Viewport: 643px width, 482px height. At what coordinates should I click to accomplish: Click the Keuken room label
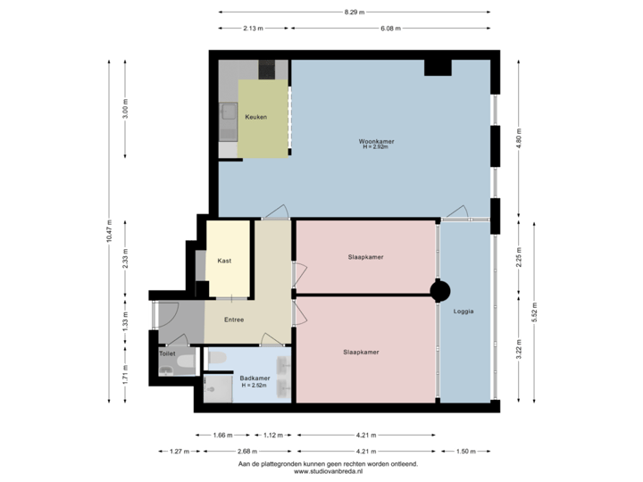tap(256, 117)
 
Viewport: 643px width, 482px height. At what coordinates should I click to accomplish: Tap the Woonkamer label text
tap(377, 141)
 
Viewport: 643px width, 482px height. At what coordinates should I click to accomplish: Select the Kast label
tap(225, 261)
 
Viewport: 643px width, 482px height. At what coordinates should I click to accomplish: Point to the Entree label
tap(234, 320)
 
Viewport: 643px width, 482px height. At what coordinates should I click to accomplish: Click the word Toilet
tap(167, 353)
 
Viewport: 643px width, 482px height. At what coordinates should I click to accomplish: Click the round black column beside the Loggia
tap(439, 291)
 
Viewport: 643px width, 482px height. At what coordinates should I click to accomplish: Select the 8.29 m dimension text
tap(354, 12)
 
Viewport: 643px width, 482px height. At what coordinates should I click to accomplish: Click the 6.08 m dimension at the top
tap(391, 29)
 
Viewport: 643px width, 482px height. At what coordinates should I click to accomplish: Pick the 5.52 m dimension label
tap(534, 311)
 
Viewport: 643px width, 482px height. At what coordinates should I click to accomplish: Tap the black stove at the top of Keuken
tap(267, 68)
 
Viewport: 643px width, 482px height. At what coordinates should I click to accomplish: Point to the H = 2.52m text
tap(255, 386)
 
